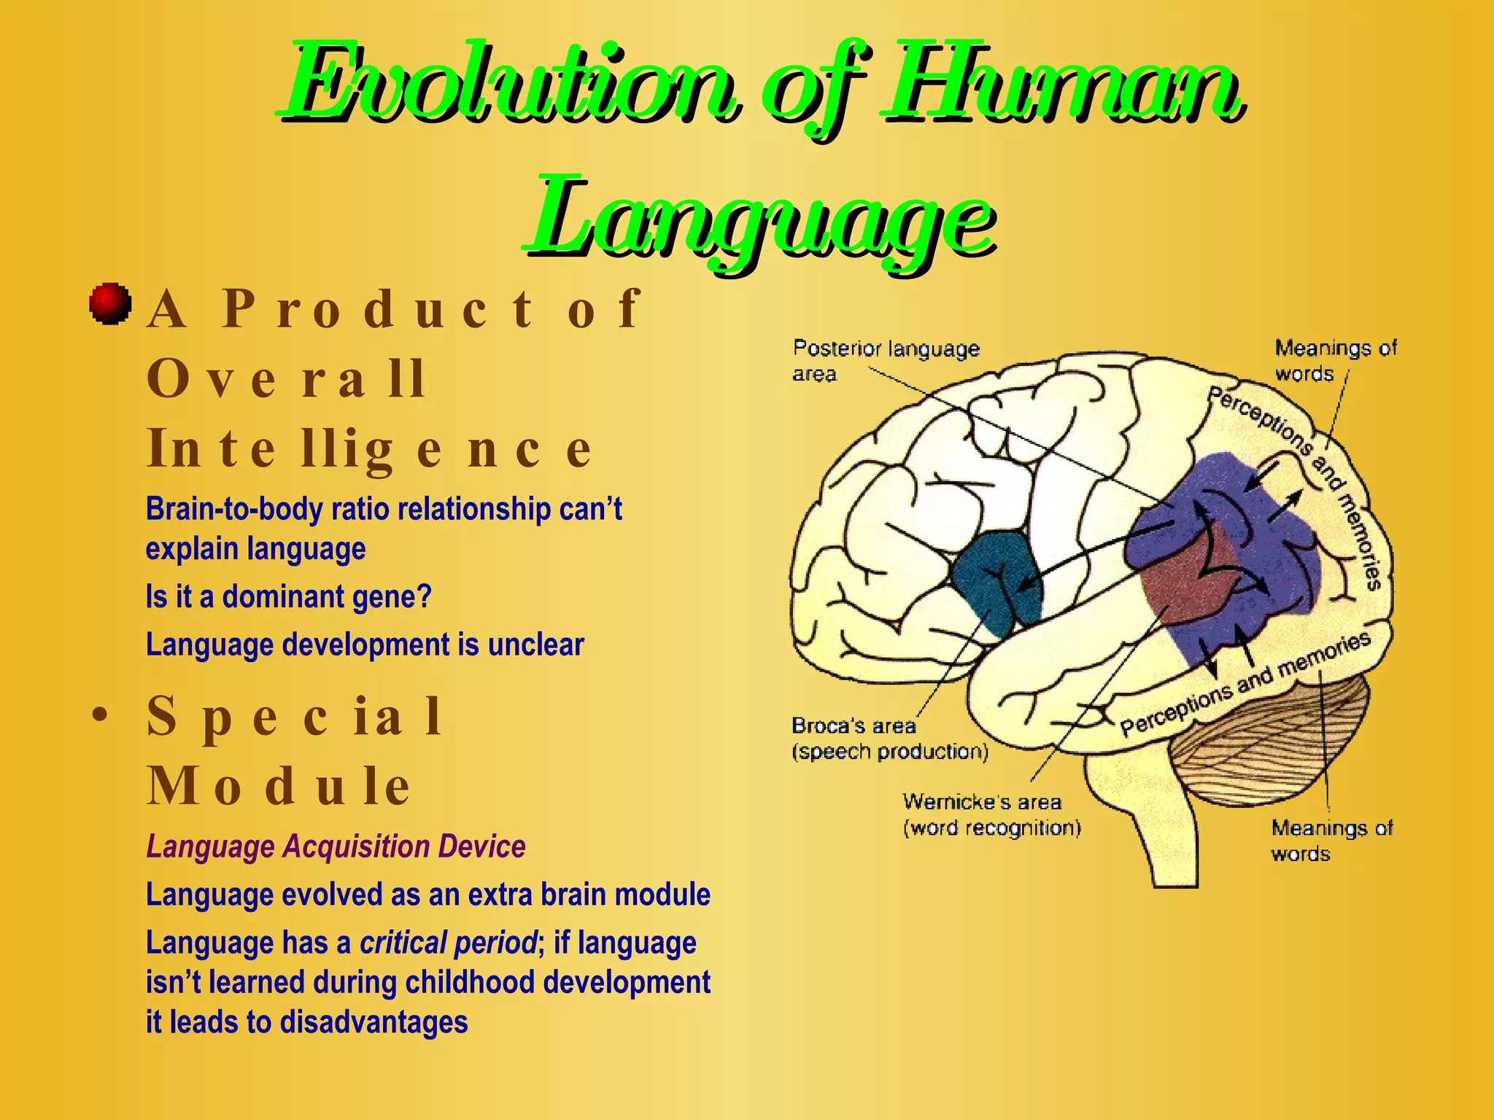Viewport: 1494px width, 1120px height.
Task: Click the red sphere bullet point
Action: pos(110,303)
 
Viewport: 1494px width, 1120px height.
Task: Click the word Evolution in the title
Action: pos(507,84)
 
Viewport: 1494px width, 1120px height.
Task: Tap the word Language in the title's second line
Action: pos(759,217)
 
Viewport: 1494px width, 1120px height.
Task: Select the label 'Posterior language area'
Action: pos(885,361)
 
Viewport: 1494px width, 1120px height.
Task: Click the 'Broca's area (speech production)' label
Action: pos(889,739)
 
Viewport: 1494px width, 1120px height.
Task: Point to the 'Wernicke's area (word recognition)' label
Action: pos(991,815)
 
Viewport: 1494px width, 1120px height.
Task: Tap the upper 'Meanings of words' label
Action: pos(1334,360)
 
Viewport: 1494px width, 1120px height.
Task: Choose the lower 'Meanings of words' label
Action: pos(1331,840)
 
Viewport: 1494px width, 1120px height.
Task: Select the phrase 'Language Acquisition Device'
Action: pos(336,847)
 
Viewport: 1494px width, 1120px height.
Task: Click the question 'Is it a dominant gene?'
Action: pos(288,596)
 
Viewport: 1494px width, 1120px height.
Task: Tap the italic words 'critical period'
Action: pos(448,943)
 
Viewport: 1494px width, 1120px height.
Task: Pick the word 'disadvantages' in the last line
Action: pos(373,1022)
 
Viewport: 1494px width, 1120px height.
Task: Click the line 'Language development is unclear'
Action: pos(365,645)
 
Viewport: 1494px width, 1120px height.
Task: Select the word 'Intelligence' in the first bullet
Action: pos(368,448)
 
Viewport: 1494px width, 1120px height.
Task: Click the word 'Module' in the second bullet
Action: pos(279,785)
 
